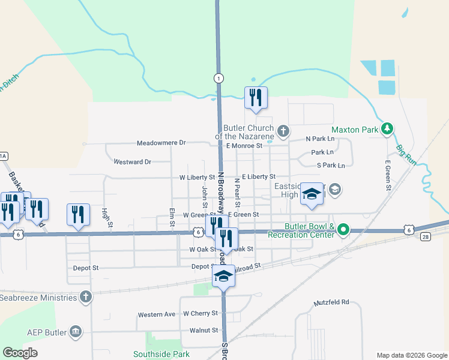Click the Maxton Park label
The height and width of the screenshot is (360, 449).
point(355,129)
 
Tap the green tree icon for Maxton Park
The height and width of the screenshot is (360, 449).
point(388,128)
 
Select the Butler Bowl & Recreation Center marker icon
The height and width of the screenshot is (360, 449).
point(343,229)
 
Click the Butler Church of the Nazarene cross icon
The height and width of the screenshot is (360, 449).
point(283,130)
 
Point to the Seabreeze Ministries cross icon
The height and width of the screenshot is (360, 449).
point(86,297)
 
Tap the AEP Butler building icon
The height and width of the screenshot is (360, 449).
point(75,332)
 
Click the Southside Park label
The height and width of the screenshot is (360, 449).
point(157,354)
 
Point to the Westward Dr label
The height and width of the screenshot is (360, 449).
point(132,161)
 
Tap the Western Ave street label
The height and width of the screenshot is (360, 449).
point(156,314)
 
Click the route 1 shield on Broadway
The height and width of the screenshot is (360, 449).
point(219,78)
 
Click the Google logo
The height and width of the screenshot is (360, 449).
point(20,353)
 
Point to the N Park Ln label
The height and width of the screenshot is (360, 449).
point(320,139)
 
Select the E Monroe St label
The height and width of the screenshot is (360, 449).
point(244,146)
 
